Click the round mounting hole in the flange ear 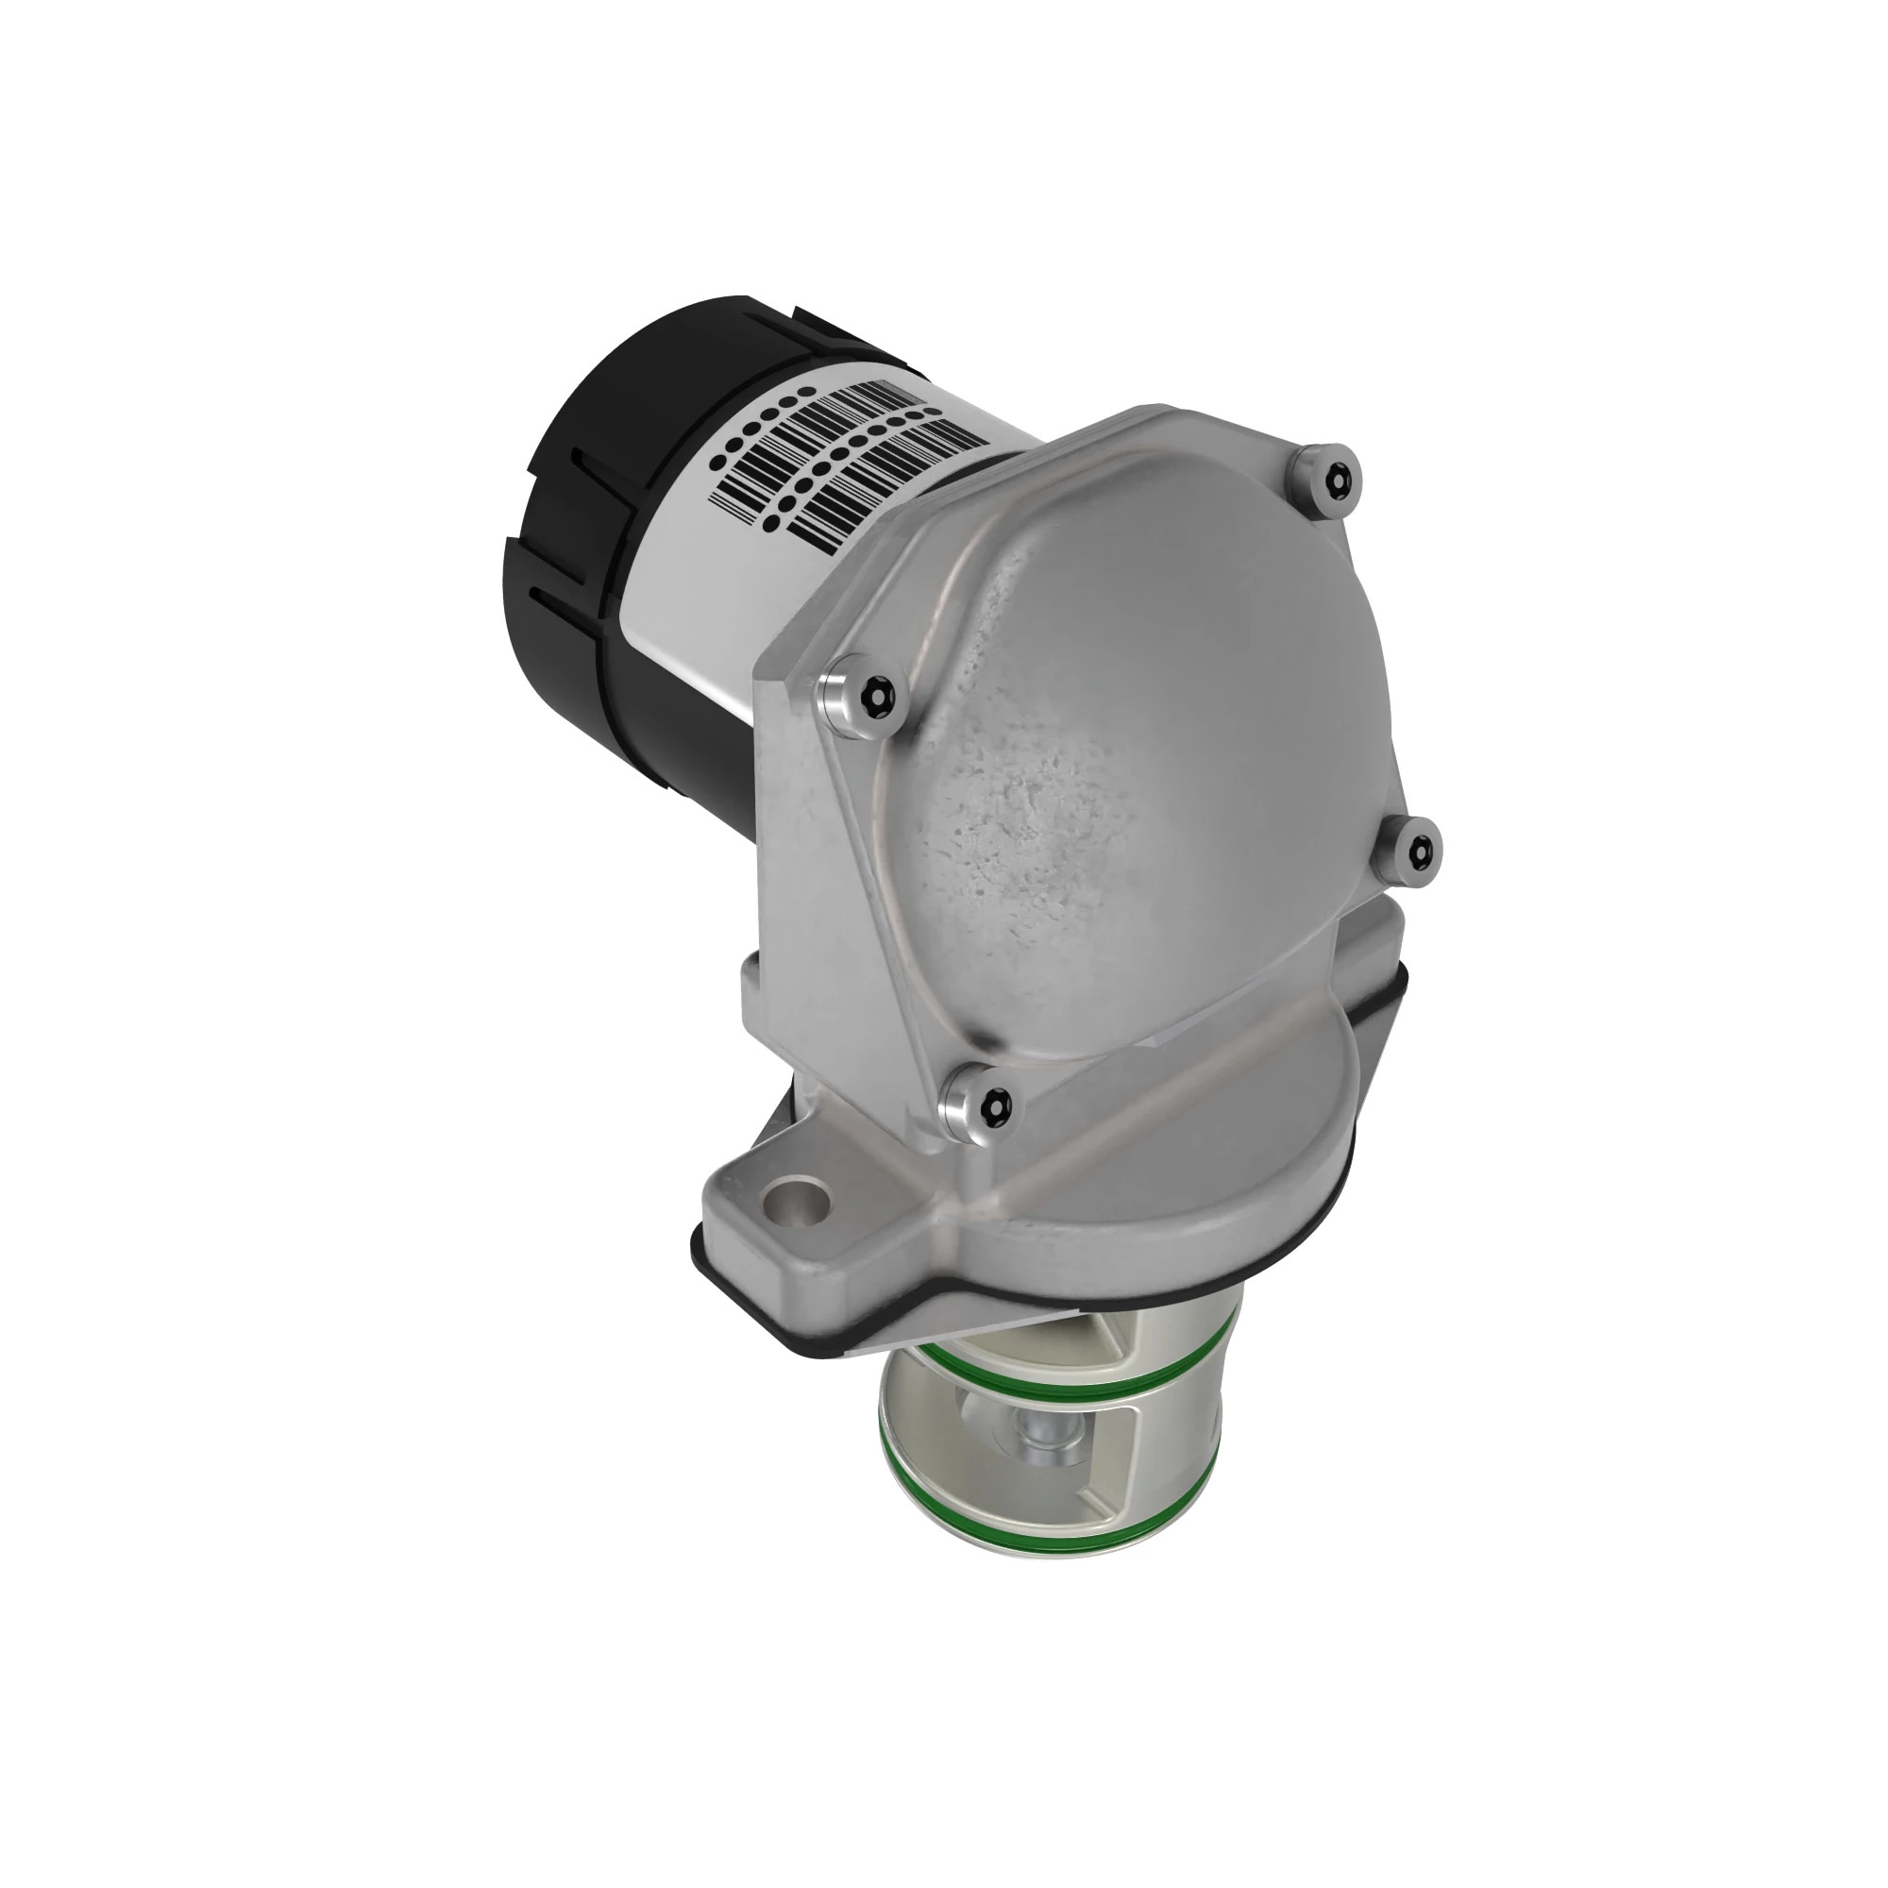[x=798, y=1209]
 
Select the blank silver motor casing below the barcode [x=703, y=615]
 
